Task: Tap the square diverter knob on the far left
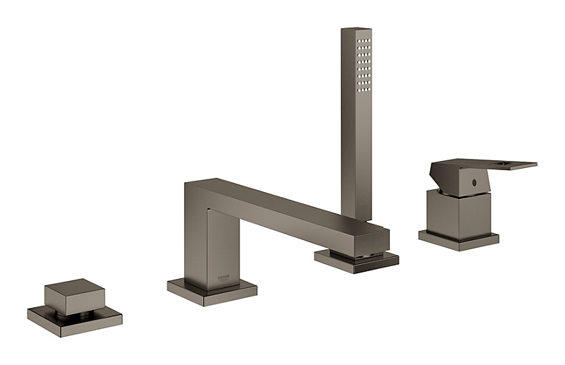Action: (x=74, y=297)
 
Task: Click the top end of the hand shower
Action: (x=356, y=30)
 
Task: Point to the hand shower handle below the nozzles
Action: (x=356, y=162)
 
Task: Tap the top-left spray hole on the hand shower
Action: (x=359, y=42)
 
